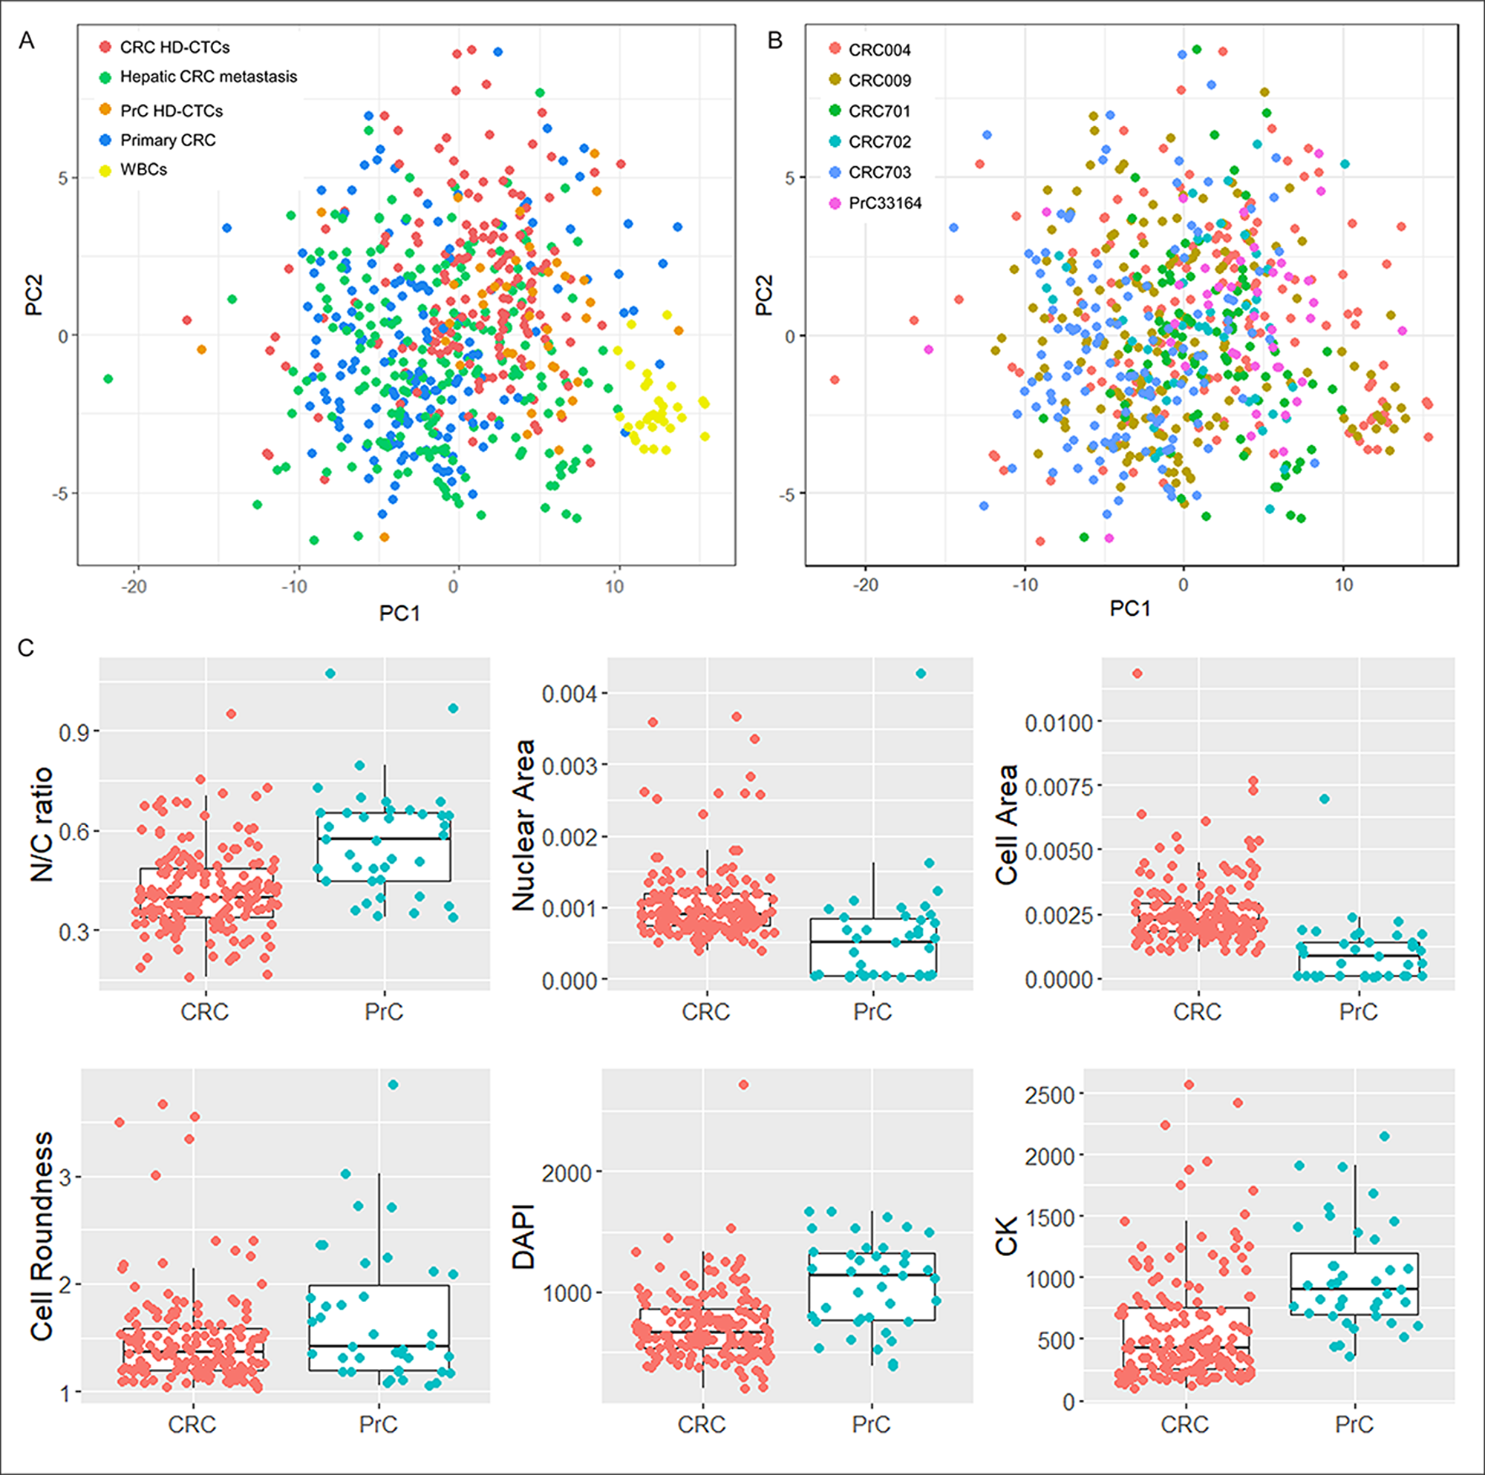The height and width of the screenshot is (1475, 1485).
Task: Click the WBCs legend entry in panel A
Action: coord(143,170)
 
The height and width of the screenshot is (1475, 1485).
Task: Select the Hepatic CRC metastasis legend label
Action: coord(209,77)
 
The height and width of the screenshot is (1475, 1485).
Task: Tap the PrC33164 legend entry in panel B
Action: coord(885,203)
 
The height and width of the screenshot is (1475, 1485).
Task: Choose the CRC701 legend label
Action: coord(879,111)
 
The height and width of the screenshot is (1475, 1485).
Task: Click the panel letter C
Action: coord(26,648)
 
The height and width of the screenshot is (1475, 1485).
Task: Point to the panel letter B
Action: coord(774,41)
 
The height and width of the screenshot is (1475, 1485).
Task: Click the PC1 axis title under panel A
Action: coord(399,613)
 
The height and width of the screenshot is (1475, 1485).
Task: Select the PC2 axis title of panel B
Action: coord(764,295)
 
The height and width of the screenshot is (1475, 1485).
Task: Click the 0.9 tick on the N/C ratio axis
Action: coord(74,732)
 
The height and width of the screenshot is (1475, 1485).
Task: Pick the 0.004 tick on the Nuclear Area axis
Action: coord(569,694)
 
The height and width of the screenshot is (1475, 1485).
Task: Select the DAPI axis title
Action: coord(524,1236)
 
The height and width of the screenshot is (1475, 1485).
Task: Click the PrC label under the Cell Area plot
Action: coord(1358,1013)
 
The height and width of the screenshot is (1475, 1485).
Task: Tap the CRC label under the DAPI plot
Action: coord(701,1425)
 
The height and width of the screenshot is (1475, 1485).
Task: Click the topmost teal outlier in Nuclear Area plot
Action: coord(921,674)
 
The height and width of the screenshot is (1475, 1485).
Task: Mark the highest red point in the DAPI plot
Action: coord(743,1085)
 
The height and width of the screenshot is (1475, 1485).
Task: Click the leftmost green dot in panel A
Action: coord(108,378)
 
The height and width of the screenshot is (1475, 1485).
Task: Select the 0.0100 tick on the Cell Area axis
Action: coord(1058,723)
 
